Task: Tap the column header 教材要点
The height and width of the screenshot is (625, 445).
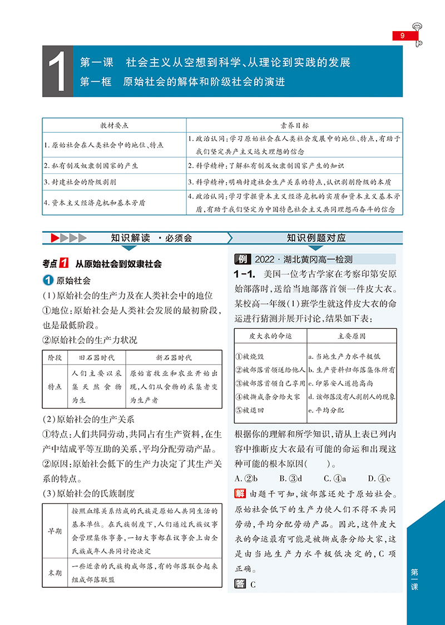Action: point(114,125)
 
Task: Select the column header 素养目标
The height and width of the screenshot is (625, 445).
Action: point(294,125)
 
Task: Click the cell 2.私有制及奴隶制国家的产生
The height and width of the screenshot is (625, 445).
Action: point(91,166)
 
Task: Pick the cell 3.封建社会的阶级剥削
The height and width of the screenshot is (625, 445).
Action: point(80,182)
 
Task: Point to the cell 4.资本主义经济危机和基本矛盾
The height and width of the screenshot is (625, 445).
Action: point(95,203)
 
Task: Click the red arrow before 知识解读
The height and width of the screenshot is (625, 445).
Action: point(56,238)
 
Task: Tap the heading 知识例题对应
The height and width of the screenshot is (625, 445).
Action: point(316,238)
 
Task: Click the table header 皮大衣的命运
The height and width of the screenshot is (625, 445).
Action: point(270,336)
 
